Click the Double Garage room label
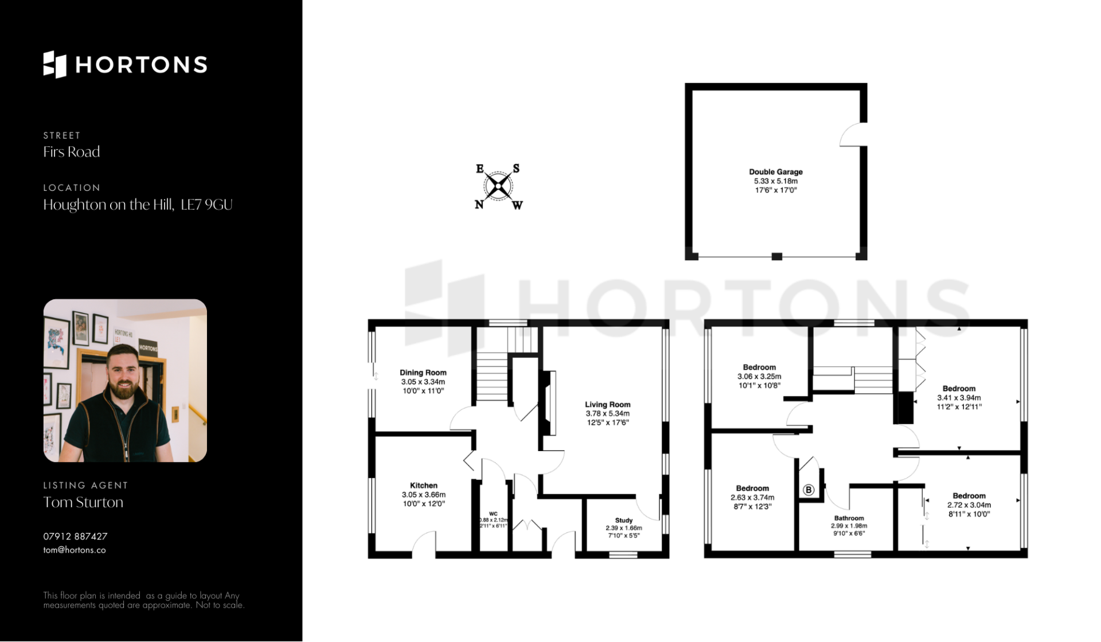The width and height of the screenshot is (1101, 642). pyautogui.click(x=775, y=172)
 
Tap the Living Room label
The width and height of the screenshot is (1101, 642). pyautogui.click(x=607, y=405)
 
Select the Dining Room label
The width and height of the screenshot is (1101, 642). pyautogui.click(x=423, y=373)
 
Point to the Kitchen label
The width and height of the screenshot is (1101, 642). pyautogui.click(x=424, y=486)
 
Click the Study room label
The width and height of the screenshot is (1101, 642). pyautogui.click(x=624, y=520)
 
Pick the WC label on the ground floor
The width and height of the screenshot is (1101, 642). pyautogui.click(x=493, y=514)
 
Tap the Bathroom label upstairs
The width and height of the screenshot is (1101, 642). pyautogui.click(x=849, y=518)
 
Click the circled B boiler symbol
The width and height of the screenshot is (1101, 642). pyautogui.click(x=809, y=490)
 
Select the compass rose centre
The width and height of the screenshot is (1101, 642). pyautogui.click(x=498, y=186)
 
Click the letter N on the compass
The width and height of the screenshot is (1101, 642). pyautogui.click(x=479, y=205)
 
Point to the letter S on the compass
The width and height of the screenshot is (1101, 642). pyautogui.click(x=516, y=168)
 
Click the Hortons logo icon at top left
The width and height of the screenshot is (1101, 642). pyautogui.click(x=55, y=64)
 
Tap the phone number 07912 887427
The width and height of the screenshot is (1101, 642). pyautogui.click(x=75, y=537)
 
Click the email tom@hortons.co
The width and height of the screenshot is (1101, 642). pyautogui.click(x=75, y=550)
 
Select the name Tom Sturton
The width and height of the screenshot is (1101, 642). pyautogui.click(x=83, y=502)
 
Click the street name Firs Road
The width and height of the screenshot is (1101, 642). pyautogui.click(x=72, y=152)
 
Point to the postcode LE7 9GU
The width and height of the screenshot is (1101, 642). pyautogui.click(x=206, y=205)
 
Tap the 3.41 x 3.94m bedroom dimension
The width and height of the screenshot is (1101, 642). pyautogui.click(x=959, y=398)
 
